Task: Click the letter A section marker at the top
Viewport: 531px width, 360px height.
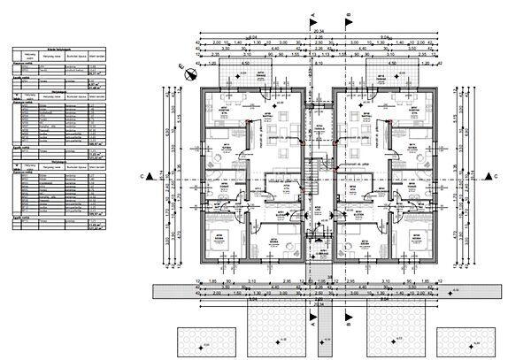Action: (312, 14)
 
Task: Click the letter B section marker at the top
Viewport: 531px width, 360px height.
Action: (350, 14)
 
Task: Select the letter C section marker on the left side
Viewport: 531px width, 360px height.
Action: (142, 177)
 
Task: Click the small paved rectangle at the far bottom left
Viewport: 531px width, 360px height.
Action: (204, 341)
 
